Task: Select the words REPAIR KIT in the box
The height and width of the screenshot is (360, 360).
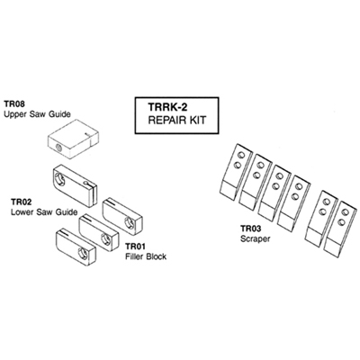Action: tap(177, 120)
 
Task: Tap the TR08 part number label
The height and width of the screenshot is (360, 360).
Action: tap(14, 104)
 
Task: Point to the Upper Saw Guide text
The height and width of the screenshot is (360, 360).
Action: tap(37, 114)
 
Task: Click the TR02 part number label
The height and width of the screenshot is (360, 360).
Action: tap(21, 202)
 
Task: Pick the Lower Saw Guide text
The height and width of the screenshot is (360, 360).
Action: tap(44, 212)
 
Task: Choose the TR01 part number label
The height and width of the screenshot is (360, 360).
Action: tap(135, 247)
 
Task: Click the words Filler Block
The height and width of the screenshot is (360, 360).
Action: tap(146, 256)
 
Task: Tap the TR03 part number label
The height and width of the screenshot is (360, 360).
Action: tap(251, 229)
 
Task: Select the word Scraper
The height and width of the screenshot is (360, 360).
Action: tap(256, 239)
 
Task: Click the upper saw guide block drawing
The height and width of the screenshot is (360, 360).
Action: tap(73, 139)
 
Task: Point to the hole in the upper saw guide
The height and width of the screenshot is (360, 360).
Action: tap(58, 148)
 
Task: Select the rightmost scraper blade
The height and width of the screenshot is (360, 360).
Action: tap(340, 227)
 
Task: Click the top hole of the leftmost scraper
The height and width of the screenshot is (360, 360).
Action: tap(240, 156)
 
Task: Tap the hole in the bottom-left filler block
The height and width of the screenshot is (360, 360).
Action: tap(82, 253)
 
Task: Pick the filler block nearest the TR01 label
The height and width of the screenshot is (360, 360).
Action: tap(122, 216)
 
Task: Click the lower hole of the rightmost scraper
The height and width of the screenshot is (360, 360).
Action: tap(340, 222)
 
